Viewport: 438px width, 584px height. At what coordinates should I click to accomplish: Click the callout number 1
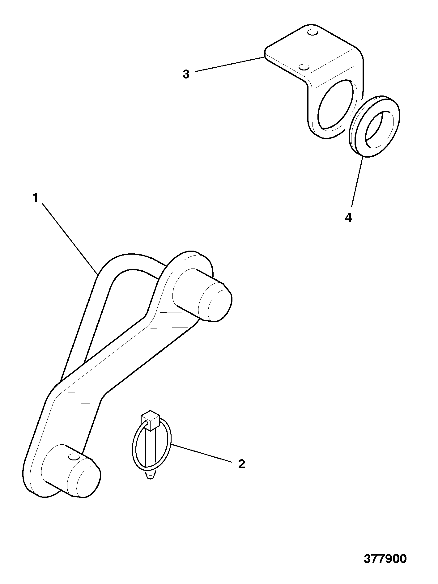tap(35, 198)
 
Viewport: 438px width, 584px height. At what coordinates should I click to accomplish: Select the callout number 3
tap(186, 74)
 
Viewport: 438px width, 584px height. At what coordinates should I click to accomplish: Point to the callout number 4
tap(348, 218)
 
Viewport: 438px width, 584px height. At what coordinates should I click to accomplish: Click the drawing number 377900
tap(385, 559)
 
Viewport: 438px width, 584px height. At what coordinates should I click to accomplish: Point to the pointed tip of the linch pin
tap(150, 484)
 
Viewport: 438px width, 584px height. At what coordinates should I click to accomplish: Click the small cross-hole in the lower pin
tap(74, 456)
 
